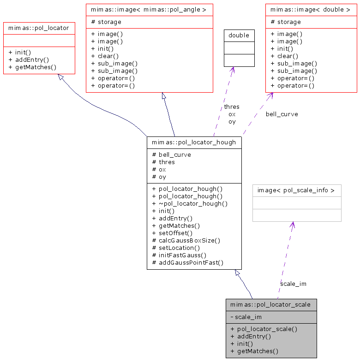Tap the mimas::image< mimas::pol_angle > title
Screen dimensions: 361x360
click(x=149, y=9)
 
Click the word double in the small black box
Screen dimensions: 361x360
click(x=239, y=35)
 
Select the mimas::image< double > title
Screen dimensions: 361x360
click(x=311, y=9)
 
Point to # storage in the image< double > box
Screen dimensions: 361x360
click(x=286, y=22)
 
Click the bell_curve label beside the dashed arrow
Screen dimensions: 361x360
click(x=282, y=114)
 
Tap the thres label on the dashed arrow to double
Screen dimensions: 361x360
click(x=232, y=107)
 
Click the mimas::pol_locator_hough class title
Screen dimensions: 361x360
click(x=194, y=142)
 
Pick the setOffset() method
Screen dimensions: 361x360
click(x=172, y=233)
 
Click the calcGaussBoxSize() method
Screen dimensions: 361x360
click(x=186, y=240)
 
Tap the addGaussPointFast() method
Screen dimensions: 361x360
click(x=187, y=262)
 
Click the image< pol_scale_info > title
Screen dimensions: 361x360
click(x=296, y=190)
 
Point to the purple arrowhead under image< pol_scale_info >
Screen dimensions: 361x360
click(x=292, y=225)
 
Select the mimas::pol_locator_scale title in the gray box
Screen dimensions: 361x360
click(x=271, y=304)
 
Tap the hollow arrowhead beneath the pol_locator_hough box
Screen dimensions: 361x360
click(x=238, y=273)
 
